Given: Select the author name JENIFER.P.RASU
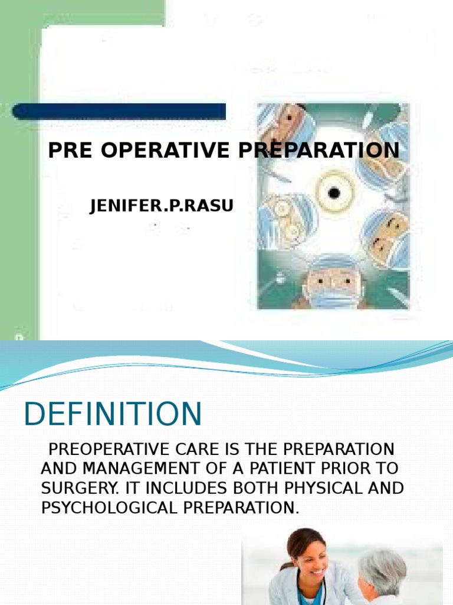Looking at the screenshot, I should click(x=162, y=206).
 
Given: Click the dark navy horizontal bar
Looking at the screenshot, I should click(x=119, y=111).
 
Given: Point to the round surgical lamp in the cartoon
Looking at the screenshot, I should click(x=334, y=192).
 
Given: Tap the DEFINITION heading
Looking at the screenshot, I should click(x=113, y=414).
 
